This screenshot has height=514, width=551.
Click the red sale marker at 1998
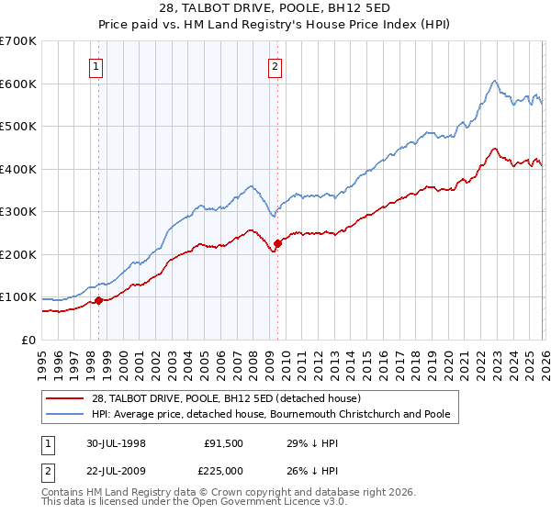pos(98,300)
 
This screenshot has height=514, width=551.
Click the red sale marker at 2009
pos(277,243)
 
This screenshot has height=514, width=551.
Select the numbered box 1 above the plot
pos(96,65)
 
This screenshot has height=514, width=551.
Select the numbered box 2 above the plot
pos(275,65)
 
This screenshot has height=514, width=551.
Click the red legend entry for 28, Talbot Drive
pos(229,398)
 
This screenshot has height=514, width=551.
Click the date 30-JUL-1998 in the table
pos(117,442)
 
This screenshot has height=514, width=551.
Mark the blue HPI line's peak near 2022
pos(494,81)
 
